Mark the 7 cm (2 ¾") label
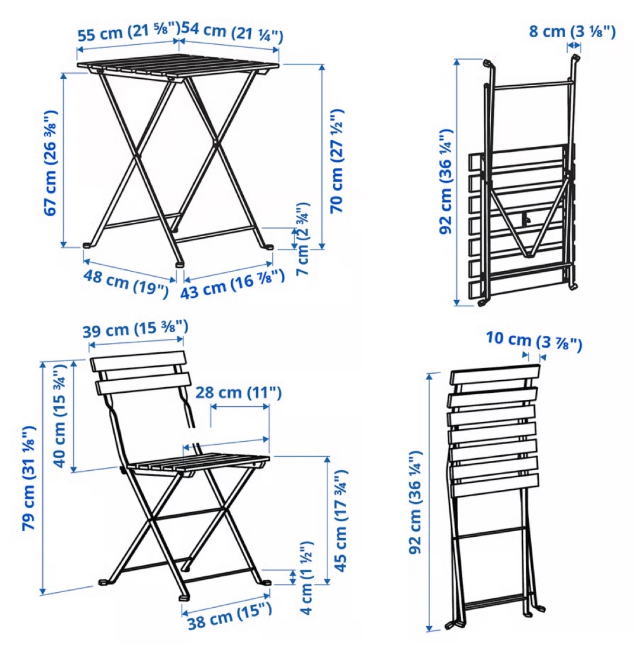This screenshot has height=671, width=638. [302, 239]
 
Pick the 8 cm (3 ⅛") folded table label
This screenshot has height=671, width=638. [572, 32]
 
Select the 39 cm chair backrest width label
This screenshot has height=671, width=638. [135, 329]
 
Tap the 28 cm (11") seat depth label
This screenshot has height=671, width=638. [238, 392]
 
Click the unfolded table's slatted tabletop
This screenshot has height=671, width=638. [178, 67]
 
